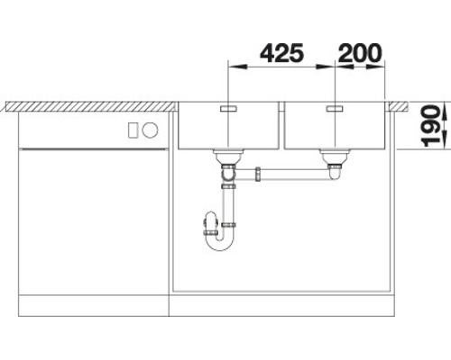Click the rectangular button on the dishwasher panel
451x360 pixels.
(x=133, y=130)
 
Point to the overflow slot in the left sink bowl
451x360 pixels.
(x=228, y=108)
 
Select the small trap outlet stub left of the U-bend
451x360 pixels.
(x=207, y=218)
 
